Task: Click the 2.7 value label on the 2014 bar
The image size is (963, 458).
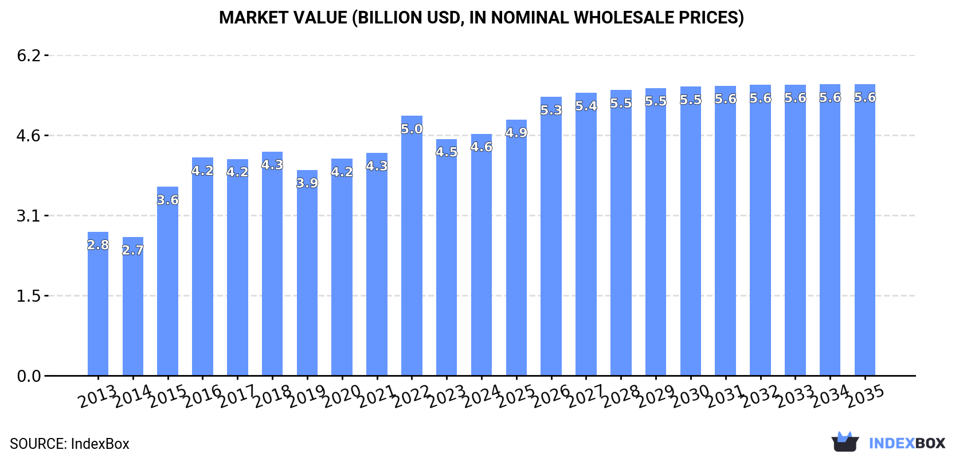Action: pyautogui.click(x=133, y=250)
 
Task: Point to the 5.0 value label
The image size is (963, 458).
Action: pyautogui.click(x=412, y=129)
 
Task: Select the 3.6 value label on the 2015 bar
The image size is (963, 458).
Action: pyautogui.click(x=168, y=200)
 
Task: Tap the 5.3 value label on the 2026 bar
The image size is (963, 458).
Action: pyautogui.click(x=551, y=110)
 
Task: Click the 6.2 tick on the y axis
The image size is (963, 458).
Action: pyautogui.click(x=29, y=56)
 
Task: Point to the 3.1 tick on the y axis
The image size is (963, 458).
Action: pyautogui.click(x=29, y=216)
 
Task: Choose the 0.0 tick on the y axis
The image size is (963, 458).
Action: pyautogui.click(x=29, y=376)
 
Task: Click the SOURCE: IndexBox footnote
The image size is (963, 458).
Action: pyautogui.click(x=69, y=444)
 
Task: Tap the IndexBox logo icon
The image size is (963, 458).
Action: pyautogui.click(x=845, y=442)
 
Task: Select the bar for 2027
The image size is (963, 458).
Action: pyautogui.click(x=586, y=235)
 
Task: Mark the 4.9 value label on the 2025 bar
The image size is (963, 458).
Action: pyautogui.click(x=516, y=133)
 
